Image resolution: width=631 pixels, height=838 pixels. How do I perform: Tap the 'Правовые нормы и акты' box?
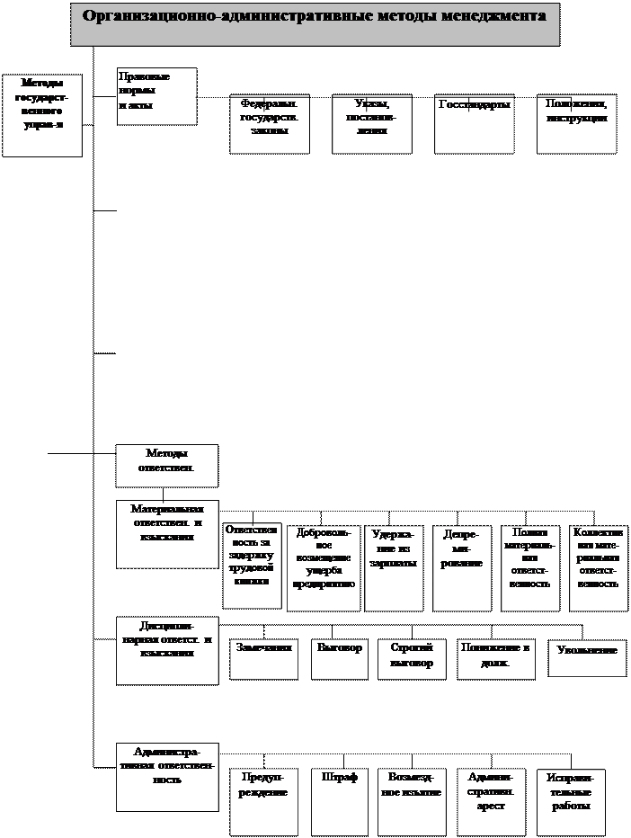(156, 96)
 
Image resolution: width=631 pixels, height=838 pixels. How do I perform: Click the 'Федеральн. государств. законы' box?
(270, 123)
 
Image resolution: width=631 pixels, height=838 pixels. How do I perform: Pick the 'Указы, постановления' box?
(372, 123)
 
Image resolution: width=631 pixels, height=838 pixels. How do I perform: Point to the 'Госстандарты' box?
(475, 123)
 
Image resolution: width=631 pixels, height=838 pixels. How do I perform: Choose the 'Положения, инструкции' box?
(576, 123)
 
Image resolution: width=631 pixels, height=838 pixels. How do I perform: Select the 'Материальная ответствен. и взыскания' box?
(166, 533)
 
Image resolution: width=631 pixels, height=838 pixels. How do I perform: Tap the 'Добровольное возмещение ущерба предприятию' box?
(324, 567)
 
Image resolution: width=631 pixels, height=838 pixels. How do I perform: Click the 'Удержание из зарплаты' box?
(393, 566)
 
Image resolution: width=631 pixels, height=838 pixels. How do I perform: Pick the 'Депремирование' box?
(462, 566)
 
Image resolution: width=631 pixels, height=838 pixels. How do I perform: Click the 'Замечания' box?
(264, 657)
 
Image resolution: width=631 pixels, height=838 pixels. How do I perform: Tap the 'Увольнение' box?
(588, 657)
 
